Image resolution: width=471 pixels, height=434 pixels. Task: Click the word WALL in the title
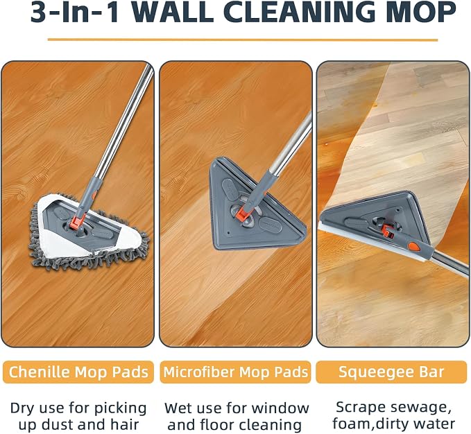pos(172,12)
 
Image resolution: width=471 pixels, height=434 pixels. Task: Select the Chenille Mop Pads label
pos(78,372)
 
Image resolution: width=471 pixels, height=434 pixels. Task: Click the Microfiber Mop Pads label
pos(236,372)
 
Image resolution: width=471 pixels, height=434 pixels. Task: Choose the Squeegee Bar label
pos(391,372)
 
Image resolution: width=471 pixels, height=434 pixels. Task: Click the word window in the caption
pos(280,408)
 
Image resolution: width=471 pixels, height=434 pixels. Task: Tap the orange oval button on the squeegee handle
pos(415,247)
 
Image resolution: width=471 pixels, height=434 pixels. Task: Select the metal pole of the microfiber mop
pos(291,144)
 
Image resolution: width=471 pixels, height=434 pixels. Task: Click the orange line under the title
pos(242,40)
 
